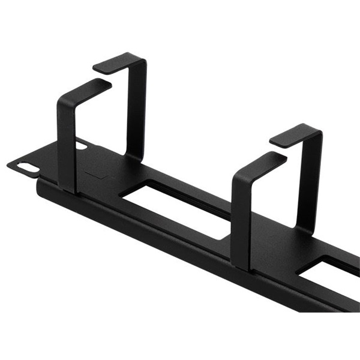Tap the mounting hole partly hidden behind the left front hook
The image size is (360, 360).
coord(81,145)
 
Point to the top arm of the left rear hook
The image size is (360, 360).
coord(120,61)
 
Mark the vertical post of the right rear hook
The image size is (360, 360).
coord(312,180)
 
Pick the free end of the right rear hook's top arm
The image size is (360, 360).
coord(274,141)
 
